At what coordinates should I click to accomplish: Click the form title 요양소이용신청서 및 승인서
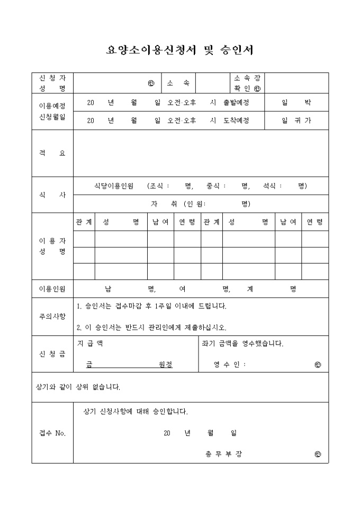(180, 50)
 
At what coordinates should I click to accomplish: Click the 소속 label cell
(178, 83)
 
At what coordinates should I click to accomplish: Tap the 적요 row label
(52, 153)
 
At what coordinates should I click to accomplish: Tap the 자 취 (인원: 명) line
(201, 204)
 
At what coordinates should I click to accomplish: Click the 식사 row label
(52, 195)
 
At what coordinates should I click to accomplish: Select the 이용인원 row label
(52, 289)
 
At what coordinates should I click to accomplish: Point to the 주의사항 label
(52, 316)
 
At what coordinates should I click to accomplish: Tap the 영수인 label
(230, 365)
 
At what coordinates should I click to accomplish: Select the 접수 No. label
(52, 433)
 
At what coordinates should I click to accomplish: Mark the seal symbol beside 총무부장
(318, 454)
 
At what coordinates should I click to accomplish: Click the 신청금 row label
(52, 353)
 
